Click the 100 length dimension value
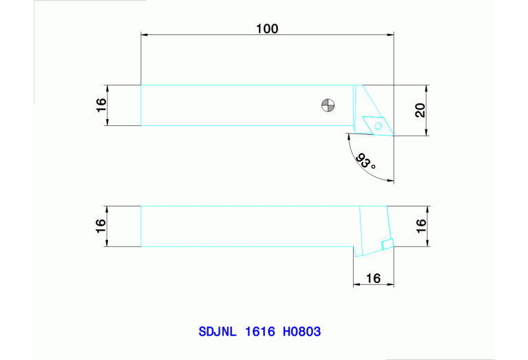(x=267, y=28)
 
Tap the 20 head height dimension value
(x=420, y=110)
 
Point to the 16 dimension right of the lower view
(x=421, y=226)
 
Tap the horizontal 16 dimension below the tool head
(x=373, y=278)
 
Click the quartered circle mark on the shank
(x=328, y=105)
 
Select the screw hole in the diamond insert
(x=377, y=126)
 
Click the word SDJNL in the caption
(x=218, y=332)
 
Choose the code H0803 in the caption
(x=302, y=332)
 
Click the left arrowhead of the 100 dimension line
(x=144, y=34)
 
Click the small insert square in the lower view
(x=387, y=242)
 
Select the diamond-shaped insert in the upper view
(x=374, y=124)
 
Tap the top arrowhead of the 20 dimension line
(x=427, y=88)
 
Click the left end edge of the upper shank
(x=141, y=105)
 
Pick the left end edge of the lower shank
(x=141, y=226)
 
